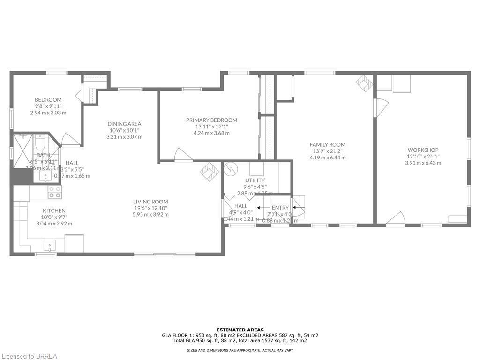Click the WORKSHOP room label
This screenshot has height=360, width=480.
(423, 150)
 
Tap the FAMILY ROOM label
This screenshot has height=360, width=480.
(327, 144)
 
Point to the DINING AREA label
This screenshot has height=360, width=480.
(124, 124)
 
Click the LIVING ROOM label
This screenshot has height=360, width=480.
(150, 202)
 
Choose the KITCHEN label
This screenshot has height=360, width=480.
(54, 210)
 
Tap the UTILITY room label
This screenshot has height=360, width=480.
(255, 180)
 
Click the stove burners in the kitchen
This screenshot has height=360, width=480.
(54, 192)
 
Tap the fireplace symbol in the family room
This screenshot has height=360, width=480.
(364, 83)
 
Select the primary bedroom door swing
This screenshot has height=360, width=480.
(182, 155)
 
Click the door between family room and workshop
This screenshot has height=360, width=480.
(380, 107)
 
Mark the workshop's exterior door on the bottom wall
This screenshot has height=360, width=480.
(396, 218)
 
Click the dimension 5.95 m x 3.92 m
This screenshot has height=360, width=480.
(150, 214)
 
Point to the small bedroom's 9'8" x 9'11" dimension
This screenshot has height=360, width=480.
(48, 106)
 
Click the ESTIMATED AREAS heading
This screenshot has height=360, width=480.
(240, 330)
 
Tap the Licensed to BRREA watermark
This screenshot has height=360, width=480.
(29, 356)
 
